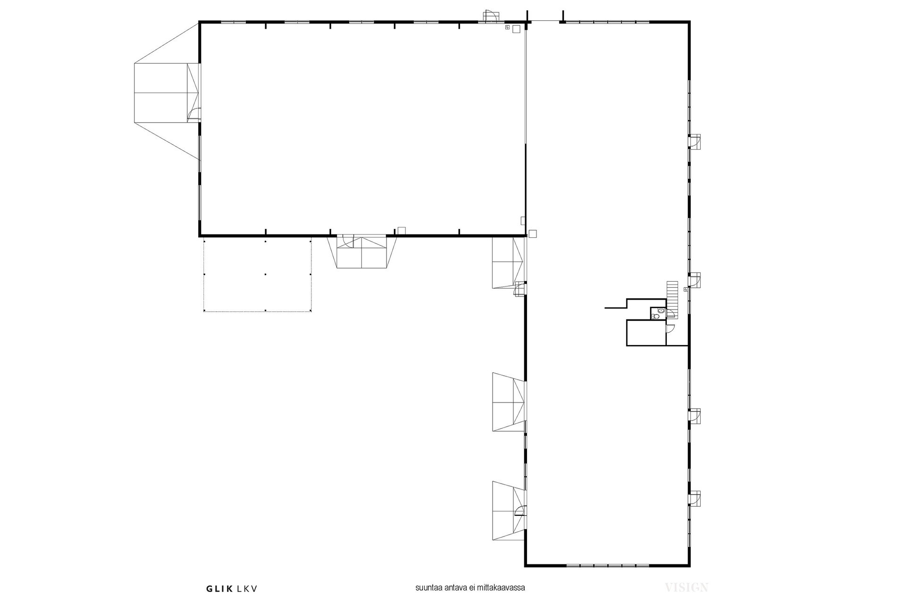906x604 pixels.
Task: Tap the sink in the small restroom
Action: click(x=662, y=311)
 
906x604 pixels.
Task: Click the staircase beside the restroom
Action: click(x=672, y=299)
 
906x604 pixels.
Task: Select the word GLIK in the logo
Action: click(x=219, y=588)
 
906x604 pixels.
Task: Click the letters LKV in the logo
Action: click(x=247, y=588)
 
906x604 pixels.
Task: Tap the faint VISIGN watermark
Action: click(x=687, y=587)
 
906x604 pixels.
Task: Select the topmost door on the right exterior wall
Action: click(x=694, y=142)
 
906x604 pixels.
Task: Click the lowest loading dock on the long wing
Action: click(x=509, y=511)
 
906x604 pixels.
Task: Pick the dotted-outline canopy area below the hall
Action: click(x=258, y=275)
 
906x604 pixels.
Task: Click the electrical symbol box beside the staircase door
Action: click(x=685, y=289)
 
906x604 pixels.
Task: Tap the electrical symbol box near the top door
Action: click(x=507, y=28)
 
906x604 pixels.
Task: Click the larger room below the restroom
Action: click(x=646, y=333)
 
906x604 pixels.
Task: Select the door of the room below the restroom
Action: click(x=669, y=329)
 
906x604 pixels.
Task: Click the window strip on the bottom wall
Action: click(x=607, y=565)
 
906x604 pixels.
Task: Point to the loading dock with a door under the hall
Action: click(x=362, y=252)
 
